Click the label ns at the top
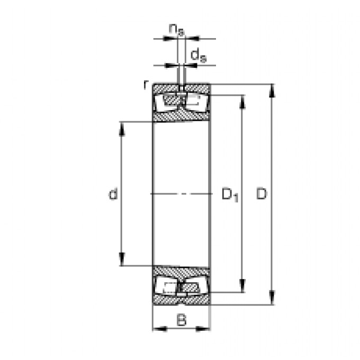tap(177, 29)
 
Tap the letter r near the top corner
tap(146, 84)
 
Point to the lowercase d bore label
tap(112, 195)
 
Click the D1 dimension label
tap(229, 195)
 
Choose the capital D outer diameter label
tap(262, 194)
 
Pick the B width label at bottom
tap(182, 320)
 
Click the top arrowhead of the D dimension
tap(273, 89)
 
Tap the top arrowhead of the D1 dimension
tap(242, 101)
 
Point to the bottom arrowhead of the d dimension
tap(122, 260)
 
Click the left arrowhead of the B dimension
tap(158, 329)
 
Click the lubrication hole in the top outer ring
tap(182, 88)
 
